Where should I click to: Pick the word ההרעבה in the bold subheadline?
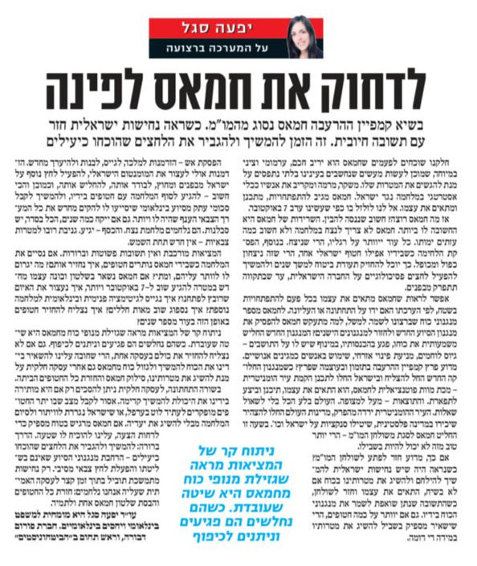point(353,129)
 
